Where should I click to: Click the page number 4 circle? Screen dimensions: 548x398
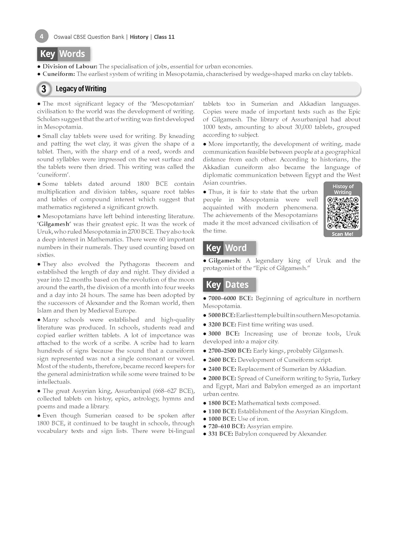click(42, 36)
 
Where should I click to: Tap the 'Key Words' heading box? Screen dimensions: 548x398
click(63, 54)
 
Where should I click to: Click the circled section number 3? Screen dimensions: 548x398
click(44, 89)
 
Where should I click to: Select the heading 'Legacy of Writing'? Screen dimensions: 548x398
click(81, 89)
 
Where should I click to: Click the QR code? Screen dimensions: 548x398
click(343, 213)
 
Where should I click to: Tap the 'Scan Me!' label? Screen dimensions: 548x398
click(343, 234)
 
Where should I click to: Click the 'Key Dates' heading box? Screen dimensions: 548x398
click(229, 285)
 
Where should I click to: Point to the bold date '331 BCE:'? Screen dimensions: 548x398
click(221, 434)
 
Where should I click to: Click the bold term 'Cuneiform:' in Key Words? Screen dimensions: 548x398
click(59, 74)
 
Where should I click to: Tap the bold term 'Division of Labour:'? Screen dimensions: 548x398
click(70, 66)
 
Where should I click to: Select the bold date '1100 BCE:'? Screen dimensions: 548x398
click(222, 411)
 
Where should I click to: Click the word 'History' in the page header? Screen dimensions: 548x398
click(139, 37)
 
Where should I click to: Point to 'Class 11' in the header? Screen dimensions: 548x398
click(164, 37)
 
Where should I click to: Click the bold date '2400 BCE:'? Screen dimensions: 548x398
click(222, 369)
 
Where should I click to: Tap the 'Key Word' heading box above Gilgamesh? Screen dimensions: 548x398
click(229, 248)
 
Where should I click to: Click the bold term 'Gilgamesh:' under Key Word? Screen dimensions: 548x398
click(224, 260)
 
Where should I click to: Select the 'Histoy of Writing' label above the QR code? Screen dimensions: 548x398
click(343, 189)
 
